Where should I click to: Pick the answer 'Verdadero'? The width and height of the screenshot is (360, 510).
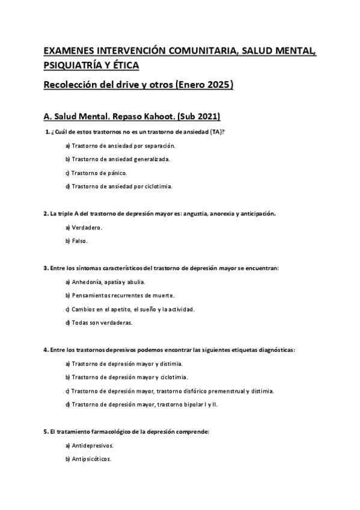pos(87,227)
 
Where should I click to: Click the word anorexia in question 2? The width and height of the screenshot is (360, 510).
pos(221,214)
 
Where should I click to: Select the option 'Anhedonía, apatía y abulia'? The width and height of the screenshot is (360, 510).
pos(108,281)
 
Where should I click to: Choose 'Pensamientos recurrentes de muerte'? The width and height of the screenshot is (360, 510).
pos(123,295)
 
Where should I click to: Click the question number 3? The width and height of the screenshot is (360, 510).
pos(46,268)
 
